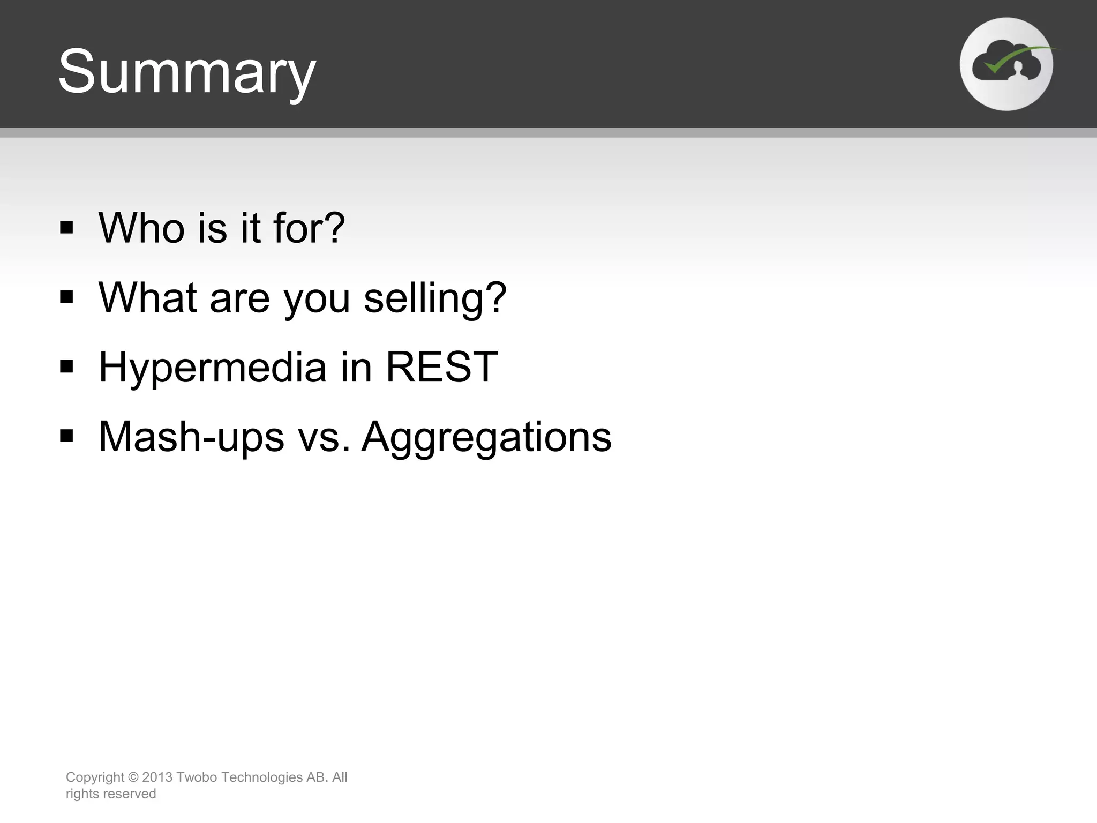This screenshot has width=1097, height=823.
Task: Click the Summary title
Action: pos(187,72)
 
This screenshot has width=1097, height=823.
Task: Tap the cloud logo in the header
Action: pos(1006,64)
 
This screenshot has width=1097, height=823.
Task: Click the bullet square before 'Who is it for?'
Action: pos(66,227)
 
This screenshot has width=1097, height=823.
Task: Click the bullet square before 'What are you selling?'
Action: pos(66,297)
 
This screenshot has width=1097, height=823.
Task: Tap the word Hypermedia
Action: pos(213,368)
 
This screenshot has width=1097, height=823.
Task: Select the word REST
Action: pos(442,367)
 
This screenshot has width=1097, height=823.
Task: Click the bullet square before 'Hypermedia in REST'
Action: pos(66,366)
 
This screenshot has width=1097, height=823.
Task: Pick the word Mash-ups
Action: pos(191,437)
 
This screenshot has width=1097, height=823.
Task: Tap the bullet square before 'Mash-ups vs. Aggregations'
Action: pos(66,436)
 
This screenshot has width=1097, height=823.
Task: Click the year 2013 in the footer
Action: pos(157,777)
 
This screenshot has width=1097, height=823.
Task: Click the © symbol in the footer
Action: pos(133,777)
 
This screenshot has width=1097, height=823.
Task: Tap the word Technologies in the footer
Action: pos(262,777)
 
